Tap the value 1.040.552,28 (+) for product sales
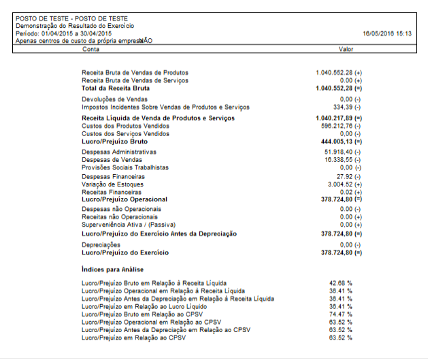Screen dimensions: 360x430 339,72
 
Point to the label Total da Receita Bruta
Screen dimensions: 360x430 116,88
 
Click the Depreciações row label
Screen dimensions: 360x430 101,244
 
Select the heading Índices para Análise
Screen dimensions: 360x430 112,269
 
